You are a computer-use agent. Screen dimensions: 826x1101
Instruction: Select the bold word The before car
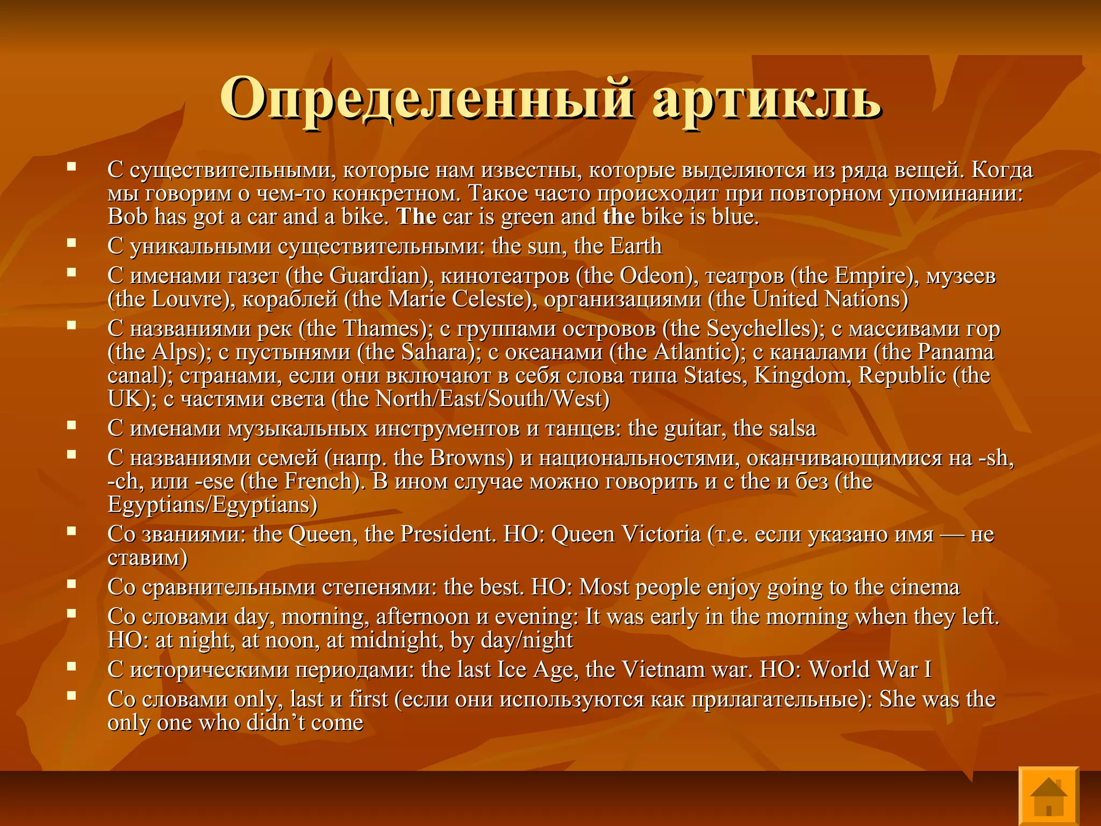click(x=417, y=217)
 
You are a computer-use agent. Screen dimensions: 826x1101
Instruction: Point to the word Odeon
click(x=655, y=276)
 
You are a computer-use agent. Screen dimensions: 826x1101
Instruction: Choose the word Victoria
click(x=661, y=535)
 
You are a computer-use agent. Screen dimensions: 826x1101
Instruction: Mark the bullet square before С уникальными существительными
click(x=71, y=243)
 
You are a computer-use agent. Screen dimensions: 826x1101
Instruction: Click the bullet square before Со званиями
click(x=71, y=531)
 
